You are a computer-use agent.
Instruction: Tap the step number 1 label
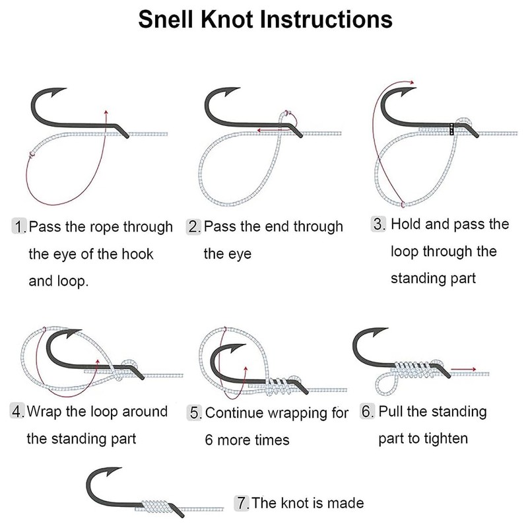(20, 228)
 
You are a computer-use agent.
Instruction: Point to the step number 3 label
(378, 224)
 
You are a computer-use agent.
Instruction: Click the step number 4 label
(18, 412)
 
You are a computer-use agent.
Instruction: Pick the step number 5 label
(195, 414)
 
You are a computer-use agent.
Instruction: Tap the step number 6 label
(368, 412)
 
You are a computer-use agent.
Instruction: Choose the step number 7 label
(242, 503)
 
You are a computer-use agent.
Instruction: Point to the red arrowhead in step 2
(258, 131)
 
